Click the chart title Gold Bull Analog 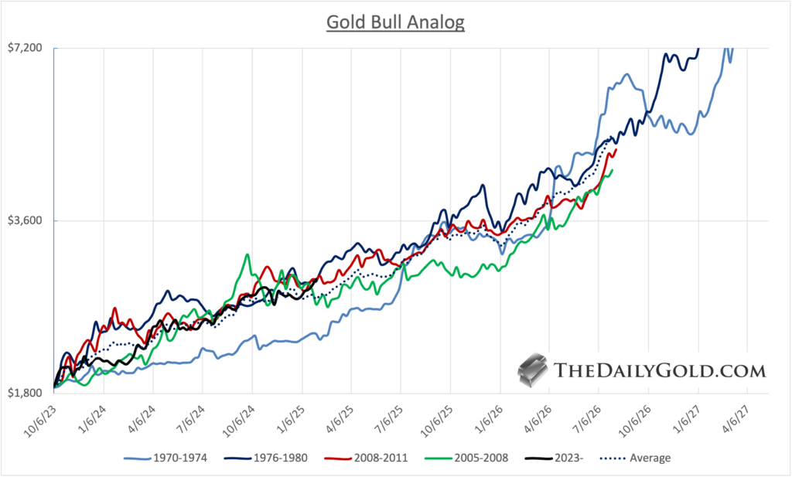395,22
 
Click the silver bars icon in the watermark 533,370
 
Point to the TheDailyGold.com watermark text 661,371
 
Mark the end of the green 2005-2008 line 613,171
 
